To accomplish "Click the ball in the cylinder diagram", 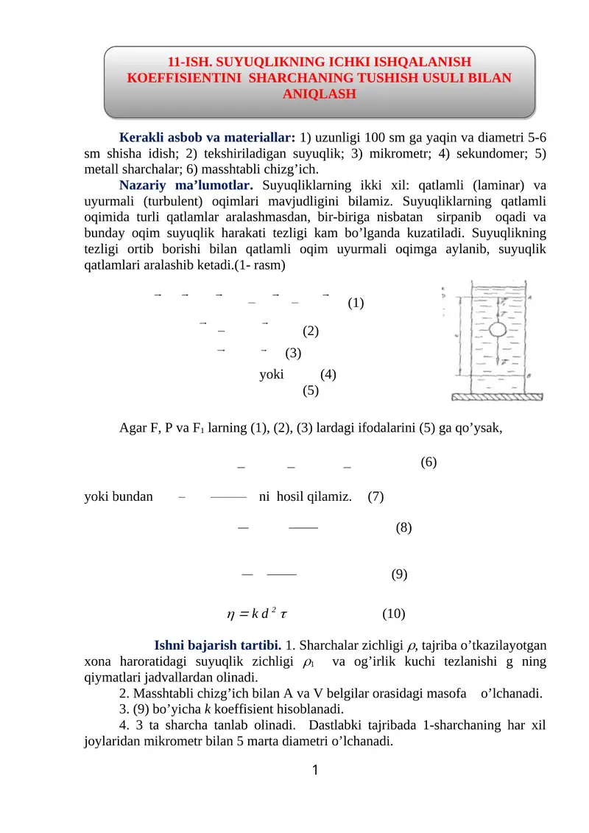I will click(497, 328).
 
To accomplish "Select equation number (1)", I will click(356, 303).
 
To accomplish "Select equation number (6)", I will click(428, 463).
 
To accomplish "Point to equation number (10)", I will click(393, 614).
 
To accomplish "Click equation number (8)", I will click(403, 528).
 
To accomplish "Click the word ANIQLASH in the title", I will click(319, 94).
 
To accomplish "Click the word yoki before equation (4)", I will click(272, 373).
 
